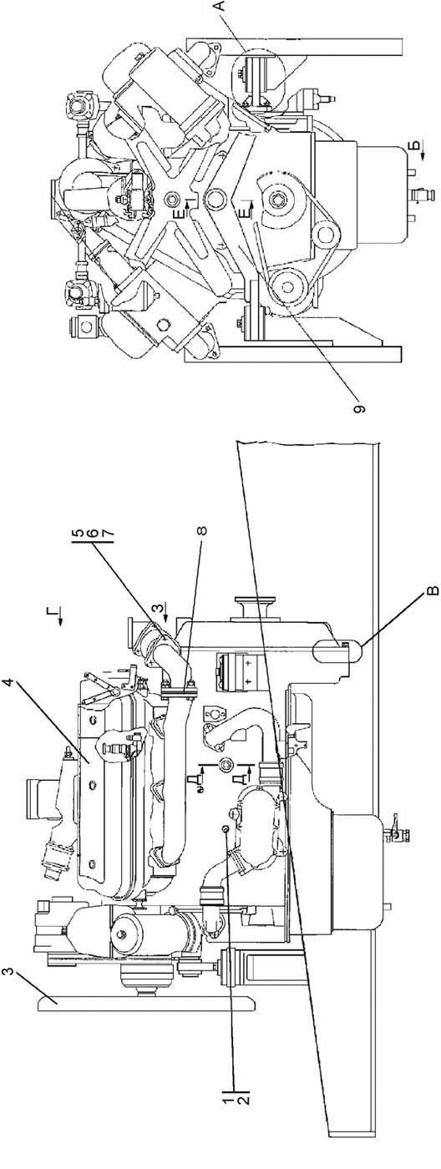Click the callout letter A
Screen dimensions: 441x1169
point(220,8)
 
